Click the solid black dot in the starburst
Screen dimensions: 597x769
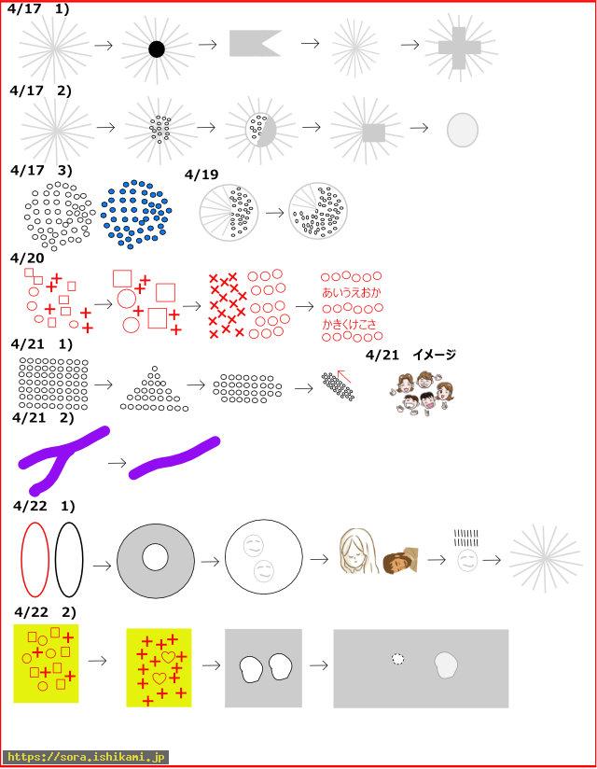tap(157, 49)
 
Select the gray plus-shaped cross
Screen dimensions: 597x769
tap(459, 48)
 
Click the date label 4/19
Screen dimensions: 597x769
tap(201, 175)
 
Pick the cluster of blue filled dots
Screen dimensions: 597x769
tap(136, 214)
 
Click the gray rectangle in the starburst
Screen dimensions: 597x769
tap(373, 133)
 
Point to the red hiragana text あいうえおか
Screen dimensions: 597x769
tap(351, 292)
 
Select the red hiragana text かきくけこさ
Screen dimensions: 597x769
tap(350, 324)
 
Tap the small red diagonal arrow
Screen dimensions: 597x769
tap(344, 376)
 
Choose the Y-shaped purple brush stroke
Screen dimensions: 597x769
tap(62, 457)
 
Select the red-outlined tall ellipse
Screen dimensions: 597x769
tap(35, 560)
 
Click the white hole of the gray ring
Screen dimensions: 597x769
tap(156, 557)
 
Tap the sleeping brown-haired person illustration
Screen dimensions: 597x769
tap(400, 560)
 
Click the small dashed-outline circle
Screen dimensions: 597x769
tap(398, 659)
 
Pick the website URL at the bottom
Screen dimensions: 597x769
tap(86, 757)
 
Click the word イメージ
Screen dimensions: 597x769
tap(435, 355)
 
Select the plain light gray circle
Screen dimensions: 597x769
tap(463, 130)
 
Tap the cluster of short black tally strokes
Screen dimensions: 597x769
tap(465, 538)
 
